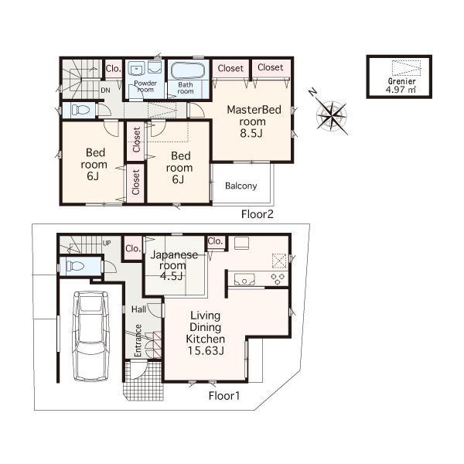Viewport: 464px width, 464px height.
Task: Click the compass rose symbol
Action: (x=333, y=114)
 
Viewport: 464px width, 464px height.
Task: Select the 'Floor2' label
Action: (x=257, y=213)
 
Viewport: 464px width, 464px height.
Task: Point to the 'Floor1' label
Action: (x=224, y=395)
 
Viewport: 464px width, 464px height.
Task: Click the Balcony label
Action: (x=241, y=186)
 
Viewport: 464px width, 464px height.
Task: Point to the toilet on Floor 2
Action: (x=78, y=110)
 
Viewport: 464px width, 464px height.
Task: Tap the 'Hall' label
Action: (x=138, y=309)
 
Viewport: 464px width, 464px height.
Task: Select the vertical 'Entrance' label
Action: (x=138, y=339)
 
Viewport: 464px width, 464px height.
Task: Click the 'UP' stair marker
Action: (x=107, y=243)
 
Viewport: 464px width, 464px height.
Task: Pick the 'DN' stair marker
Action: (x=105, y=90)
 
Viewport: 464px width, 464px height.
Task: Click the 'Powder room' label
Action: (x=145, y=86)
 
